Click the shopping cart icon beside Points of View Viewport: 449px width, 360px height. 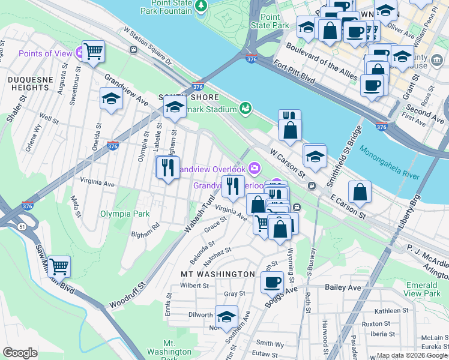tap(93, 52)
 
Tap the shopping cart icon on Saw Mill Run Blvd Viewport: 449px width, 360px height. tap(59, 266)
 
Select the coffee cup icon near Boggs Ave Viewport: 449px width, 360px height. tap(272, 281)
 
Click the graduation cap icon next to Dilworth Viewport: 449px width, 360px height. tap(226, 317)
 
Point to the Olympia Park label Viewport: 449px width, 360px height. tap(124, 214)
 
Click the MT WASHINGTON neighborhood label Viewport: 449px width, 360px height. tap(218, 274)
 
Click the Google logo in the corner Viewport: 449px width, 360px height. tap(20, 353)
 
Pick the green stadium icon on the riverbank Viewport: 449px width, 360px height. tap(245, 108)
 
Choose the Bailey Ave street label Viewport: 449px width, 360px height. tap(343, 288)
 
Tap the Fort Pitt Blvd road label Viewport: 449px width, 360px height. tap(294, 71)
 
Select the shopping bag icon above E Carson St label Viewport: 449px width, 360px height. tap(360, 191)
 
